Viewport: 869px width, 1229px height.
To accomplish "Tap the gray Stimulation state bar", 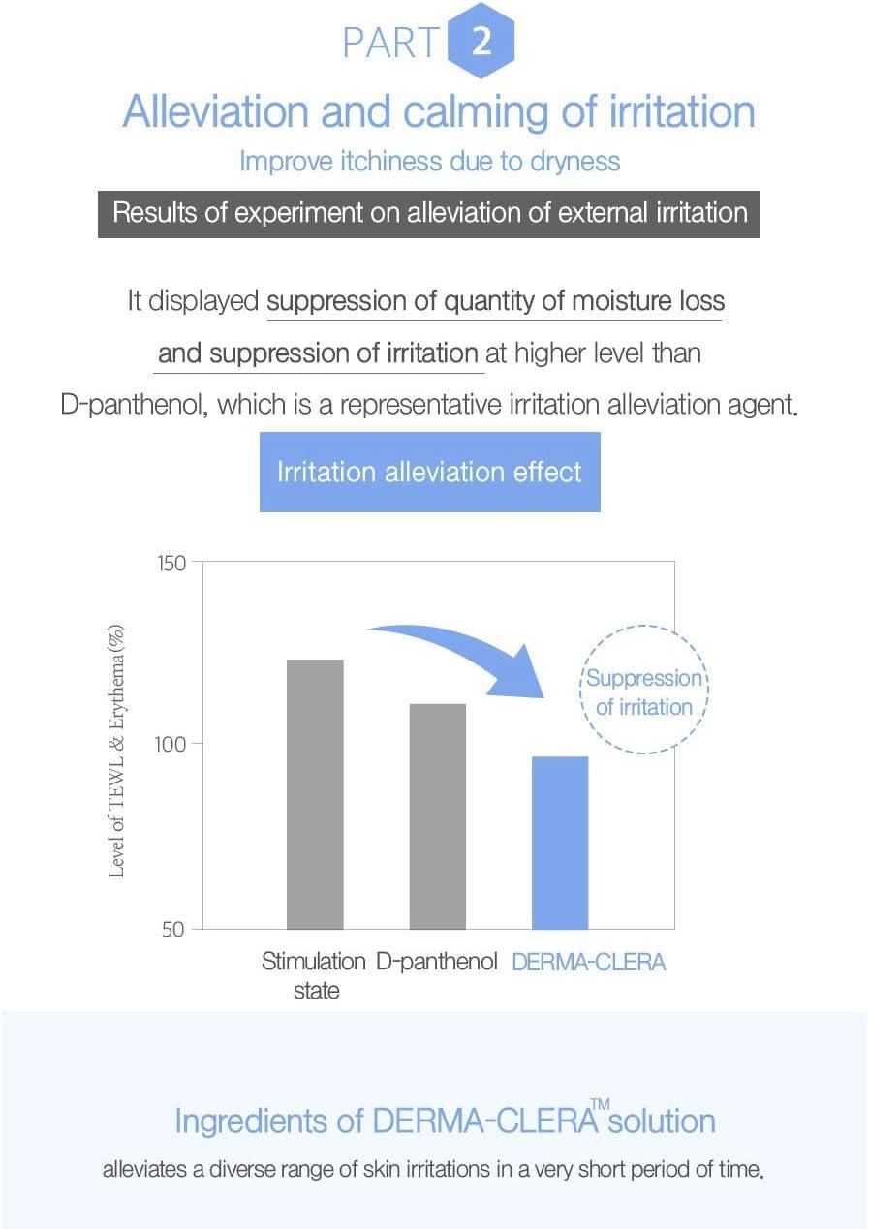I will tap(315, 794).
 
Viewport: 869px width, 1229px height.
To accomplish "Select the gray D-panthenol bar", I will tap(438, 816).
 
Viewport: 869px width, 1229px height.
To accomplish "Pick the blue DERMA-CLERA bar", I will tap(560, 843).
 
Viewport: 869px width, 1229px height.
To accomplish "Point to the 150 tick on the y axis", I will tap(172, 563).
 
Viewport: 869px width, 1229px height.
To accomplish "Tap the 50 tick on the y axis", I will tap(175, 930).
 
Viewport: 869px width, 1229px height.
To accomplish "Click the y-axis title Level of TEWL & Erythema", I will tap(117, 751).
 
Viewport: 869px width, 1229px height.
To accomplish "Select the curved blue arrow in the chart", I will tap(465, 654).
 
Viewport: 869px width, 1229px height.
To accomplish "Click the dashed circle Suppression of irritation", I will tap(643, 692).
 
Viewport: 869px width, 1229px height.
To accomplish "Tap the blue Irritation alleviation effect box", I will tap(429, 472).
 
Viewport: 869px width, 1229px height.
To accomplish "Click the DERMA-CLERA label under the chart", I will tap(588, 963).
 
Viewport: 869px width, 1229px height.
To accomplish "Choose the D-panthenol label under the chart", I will tap(436, 963).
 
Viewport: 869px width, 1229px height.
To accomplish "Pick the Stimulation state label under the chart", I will tap(314, 975).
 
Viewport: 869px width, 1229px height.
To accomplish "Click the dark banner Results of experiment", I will tap(429, 214).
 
